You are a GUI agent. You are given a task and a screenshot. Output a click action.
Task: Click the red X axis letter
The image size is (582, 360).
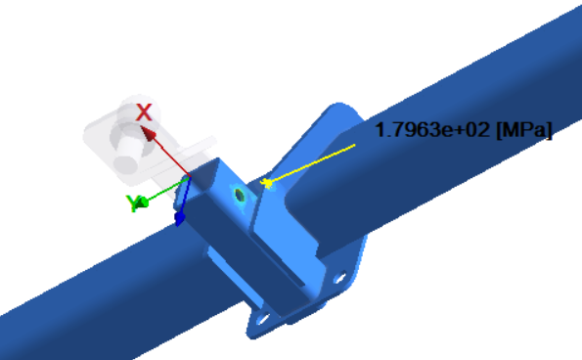tap(144, 112)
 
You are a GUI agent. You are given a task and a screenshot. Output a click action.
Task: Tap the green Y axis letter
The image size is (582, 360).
tap(132, 203)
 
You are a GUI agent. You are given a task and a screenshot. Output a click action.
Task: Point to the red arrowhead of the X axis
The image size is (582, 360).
tap(148, 133)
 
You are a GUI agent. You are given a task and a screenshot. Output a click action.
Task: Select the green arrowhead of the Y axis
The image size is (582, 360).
tap(143, 202)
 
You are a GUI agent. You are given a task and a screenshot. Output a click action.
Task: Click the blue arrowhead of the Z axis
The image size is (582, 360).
tap(179, 218)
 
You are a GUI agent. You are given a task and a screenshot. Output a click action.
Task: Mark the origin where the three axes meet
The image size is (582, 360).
tap(190, 177)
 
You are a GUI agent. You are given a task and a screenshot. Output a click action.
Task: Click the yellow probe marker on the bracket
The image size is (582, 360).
tap(266, 183)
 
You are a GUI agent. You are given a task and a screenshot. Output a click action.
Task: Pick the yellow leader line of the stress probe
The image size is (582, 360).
tap(311, 163)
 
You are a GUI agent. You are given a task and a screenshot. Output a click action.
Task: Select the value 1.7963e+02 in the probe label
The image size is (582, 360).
tap(432, 130)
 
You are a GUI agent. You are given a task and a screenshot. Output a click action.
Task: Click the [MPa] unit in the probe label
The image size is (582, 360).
tap(524, 130)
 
